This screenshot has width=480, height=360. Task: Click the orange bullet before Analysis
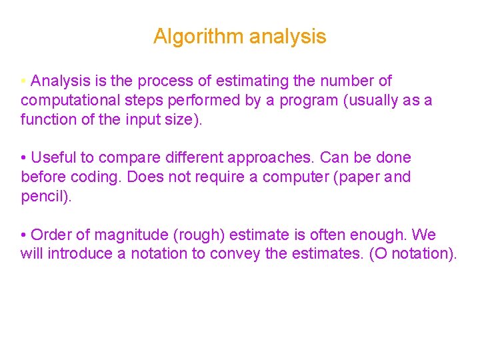(x=23, y=81)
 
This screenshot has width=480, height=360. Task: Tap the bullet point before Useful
(x=23, y=158)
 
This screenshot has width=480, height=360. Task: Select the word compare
(x=127, y=158)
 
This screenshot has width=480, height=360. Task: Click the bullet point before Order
(x=23, y=235)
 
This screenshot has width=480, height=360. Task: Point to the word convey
(x=233, y=254)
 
